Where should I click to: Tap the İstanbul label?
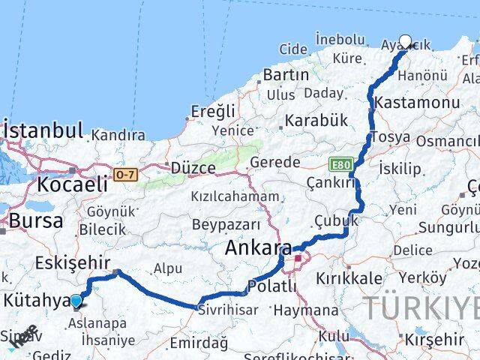43,131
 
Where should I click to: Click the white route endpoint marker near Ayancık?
406,42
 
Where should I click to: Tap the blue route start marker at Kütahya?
76,301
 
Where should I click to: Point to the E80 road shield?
339,163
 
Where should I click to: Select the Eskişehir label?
73,262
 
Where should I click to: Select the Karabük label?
316,120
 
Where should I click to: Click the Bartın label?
286,75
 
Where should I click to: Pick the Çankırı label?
330,182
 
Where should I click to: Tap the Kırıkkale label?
349,277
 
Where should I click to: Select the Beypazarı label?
226,224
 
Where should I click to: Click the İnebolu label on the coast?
340,37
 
